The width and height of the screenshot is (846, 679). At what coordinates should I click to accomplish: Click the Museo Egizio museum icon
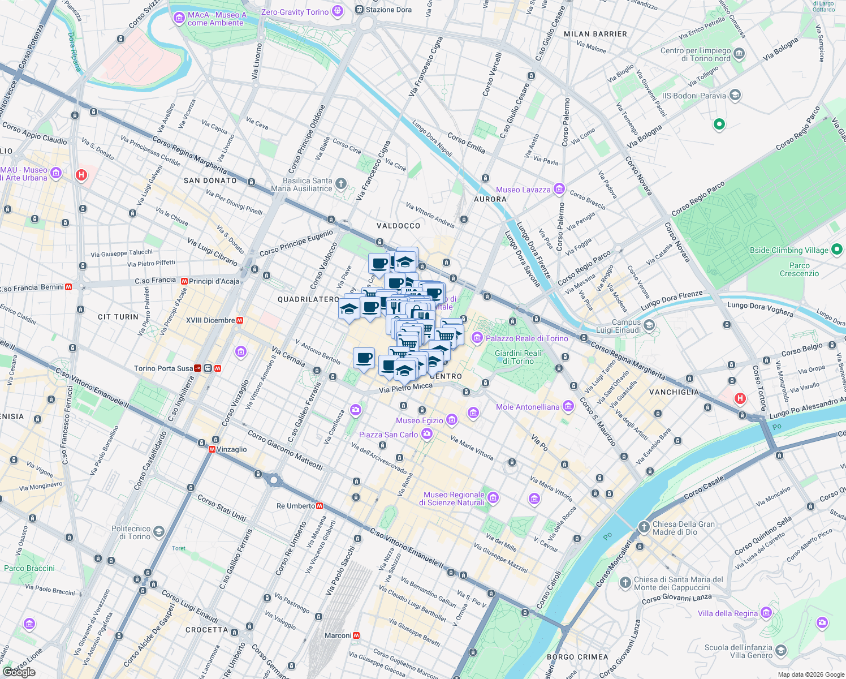pyautogui.click(x=451, y=420)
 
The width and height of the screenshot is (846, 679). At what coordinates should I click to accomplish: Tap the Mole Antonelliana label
pyautogui.click(x=527, y=407)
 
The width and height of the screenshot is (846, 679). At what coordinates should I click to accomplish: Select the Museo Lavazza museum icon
pyautogui.click(x=559, y=189)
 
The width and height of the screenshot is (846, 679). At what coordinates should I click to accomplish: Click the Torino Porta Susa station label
pyautogui.click(x=163, y=368)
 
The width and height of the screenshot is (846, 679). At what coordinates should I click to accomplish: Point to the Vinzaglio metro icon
pyautogui.click(x=212, y=449)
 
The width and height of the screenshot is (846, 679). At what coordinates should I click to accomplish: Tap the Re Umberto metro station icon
pyautogui.click(x=320, y=506)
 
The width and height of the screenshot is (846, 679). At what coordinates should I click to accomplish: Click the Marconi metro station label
pyautogui.click(x=338, y=635)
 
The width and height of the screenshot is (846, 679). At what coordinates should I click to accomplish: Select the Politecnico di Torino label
pyautogui.click(x=131, y=532)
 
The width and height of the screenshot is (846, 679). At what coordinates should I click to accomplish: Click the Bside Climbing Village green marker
pyautogui.click(x=837, y=250)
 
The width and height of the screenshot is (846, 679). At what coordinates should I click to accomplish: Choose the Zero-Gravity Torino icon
pyautogui.click(x=338, y=11)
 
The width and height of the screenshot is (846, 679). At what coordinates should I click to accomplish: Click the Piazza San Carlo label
pyautogui.click(x=389, y=435)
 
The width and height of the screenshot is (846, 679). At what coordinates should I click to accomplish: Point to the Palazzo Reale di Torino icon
pyautogui.click(x=477, y=338)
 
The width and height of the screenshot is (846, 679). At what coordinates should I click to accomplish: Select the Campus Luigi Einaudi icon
pyautogui.click(x=649, y=325)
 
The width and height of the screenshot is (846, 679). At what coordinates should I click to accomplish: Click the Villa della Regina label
pyautogui.click(x=727, y=613)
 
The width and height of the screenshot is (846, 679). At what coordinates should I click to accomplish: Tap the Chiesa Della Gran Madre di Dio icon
pyautogui.click(x=644, y=527)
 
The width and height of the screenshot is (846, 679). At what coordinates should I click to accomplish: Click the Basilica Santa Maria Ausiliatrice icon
pyautogui.click(x=340, y=183)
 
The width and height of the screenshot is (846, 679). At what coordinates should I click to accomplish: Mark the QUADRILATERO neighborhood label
pyautogui.click(x=308, y=299)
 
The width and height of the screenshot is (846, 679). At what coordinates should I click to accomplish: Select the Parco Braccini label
pyautogui.click(x=29, y=568)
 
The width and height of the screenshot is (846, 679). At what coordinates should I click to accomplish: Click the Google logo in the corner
pyautogui.click(x=19, y=672)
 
